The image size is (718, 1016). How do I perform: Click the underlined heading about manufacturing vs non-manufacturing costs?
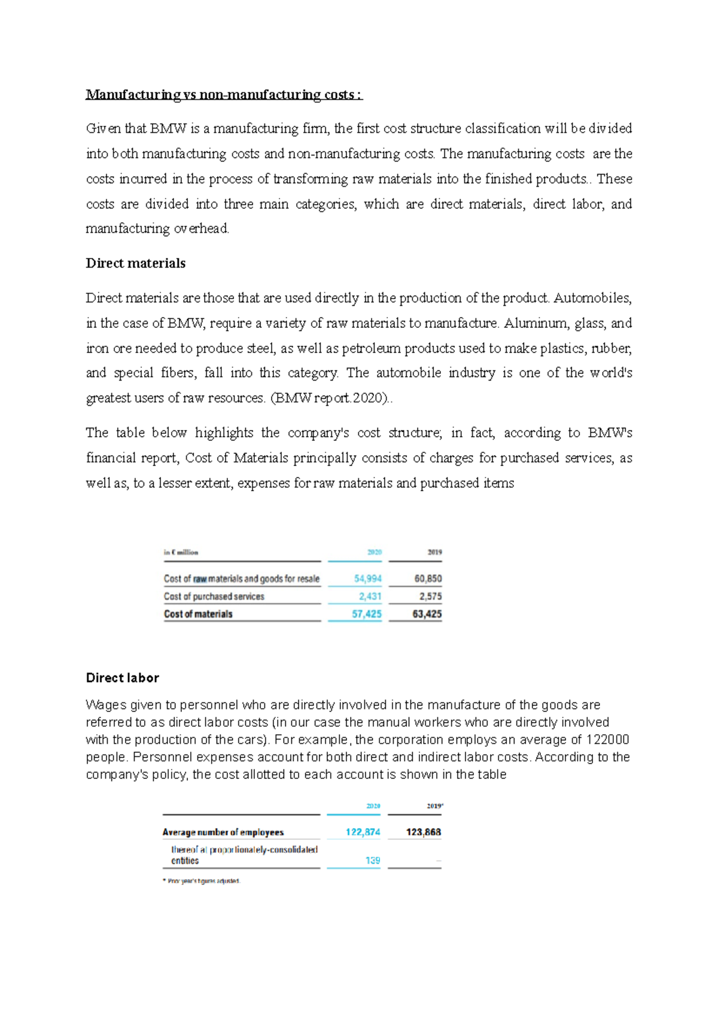(x=224, y=95)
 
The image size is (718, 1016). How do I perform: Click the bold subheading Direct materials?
(x=136, y=263)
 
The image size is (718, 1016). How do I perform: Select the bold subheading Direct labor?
(x=123, y=678)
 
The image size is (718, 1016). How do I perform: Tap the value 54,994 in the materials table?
(x=367, y=579)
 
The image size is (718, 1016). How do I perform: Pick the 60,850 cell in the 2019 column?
(x=428, y=579)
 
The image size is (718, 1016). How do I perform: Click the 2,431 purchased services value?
(x=370, y=596)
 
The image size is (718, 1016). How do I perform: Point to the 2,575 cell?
(x=430, y=596)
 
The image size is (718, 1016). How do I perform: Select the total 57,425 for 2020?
(x=366, y=614)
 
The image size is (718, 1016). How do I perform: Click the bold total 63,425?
(x=427, y=614)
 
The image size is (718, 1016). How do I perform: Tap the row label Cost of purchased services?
(x=214, y=596)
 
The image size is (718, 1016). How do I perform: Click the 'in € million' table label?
(x=181, y=552)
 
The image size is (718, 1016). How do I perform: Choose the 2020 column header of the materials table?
(x=374, y=552)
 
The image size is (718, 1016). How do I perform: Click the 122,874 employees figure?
(x=363, y=832)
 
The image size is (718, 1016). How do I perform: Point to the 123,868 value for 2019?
(x=423, y=832)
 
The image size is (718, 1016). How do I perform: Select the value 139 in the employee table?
(x=373, y=860)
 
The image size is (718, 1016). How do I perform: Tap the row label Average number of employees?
(x=223, y=832)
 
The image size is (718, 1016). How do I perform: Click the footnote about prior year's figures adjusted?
(x=202, y=881)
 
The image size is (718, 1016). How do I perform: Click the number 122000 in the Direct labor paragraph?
(x=607, y=740)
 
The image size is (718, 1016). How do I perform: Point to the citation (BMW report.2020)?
(x=330, y=398)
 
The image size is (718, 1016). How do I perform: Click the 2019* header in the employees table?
(x=434, y=806)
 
